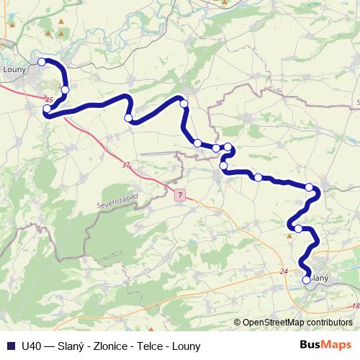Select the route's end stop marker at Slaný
pyautogui.click(x=306, y=279)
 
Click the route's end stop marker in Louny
pyautogui.click(x=42, y=63)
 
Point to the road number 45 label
pyautogui.click(x=49, y=99)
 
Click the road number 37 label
pyautogui.click(x=126, y=165)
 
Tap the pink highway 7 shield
pyautogui.click(x=179, y=194)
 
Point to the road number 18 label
pyautogui.click(x=355, y=306)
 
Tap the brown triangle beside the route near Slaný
pyautogui.click(x=289, y=234)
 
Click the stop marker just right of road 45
pyautogui.click(x=66, y=90)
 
